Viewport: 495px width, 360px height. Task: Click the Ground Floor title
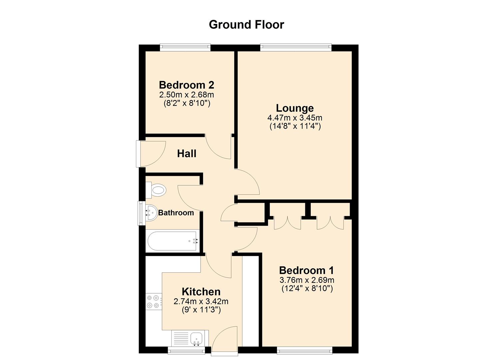click(x=246, y=25)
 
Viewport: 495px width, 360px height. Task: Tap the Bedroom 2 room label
click(x=187, y=85)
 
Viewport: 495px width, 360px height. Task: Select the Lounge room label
click(x=295, y=108)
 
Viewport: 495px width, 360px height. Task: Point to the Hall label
click(x=187, y=153)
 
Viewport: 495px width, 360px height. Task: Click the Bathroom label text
click(x=176, y=213)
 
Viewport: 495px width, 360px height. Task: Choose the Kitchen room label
click(x=201, y=292)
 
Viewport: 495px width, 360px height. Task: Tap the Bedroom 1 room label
click(x=307, y=270)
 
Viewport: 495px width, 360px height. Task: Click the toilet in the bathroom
click(x=156, y=190)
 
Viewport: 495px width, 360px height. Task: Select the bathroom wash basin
click(x=151, y=213)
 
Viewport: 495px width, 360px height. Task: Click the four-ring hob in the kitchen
click(x=154, y=302)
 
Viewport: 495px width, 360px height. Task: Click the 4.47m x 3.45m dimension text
click(x=295, y=118)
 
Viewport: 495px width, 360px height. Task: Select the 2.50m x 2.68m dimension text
click(x=187, y=95)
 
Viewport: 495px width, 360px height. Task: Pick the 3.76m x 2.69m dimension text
click(x=307, y=280)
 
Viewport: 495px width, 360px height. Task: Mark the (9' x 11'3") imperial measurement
click(x=201, y=310)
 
